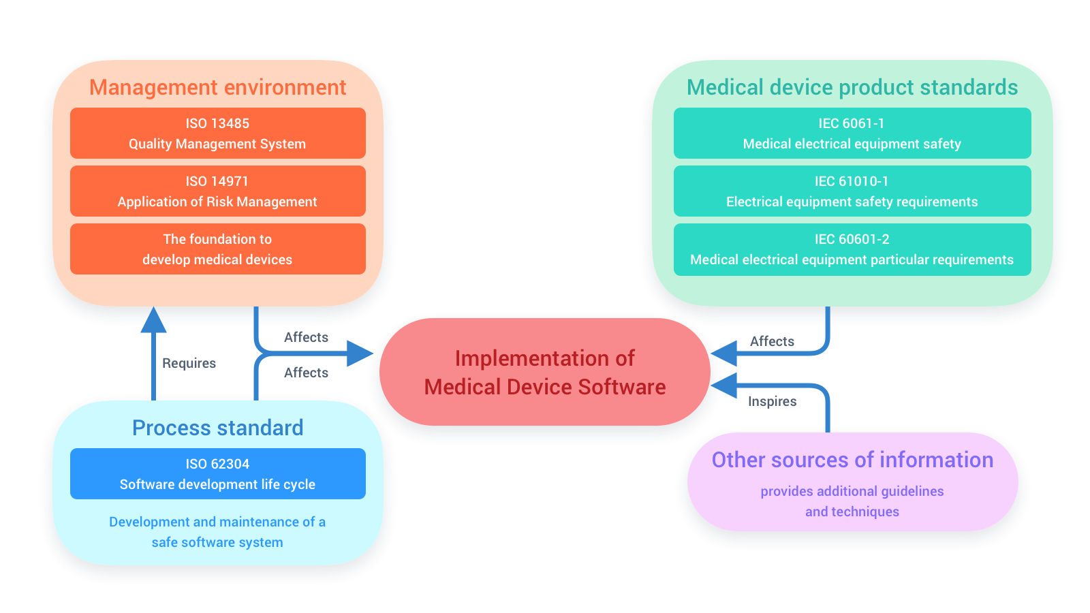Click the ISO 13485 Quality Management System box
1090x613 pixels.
pos(218,133)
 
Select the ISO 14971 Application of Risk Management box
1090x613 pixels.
pos(218,191)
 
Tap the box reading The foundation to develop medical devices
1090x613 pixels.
pos(218,249)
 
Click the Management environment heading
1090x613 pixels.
pos(218,88)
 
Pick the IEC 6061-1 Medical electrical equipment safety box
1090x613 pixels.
pos(852,133)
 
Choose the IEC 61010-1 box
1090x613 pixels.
pos(852,191)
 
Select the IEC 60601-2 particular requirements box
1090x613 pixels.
pos(852,249)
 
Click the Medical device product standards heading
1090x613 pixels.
pos(852,88)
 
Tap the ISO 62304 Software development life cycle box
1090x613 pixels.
pos(218,474)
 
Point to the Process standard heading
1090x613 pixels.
pos(218,428)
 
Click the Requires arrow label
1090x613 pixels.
pos(189,363)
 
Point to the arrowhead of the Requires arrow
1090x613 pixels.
pos(153,319)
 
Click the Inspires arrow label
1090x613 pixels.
pos(772,401)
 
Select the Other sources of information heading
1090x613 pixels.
pos(852,460)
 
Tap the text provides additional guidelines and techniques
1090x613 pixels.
pos(852,501)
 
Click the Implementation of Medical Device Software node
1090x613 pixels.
pos(545,372)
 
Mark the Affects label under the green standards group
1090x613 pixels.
pos(772,341)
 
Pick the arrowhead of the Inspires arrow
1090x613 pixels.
pos(724,386)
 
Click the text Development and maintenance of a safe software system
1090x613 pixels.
pos(218,532)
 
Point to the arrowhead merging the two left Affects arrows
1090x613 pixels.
pos(359,353)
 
